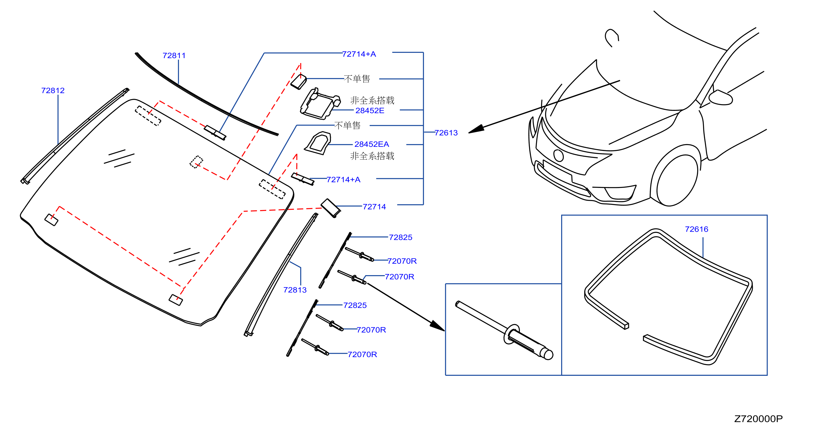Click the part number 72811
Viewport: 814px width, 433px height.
coord(174,56)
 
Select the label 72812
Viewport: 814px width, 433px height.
coord(53,91)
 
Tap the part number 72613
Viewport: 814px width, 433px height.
coord(446,133)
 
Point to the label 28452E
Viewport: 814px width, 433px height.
coord(370,111)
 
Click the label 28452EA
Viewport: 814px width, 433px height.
coord(372,144)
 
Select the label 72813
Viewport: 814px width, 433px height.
coord(295,290)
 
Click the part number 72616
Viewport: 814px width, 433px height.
coord(696,229)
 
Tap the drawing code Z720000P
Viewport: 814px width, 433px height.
coord(759,419)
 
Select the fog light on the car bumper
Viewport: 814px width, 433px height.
coord(620,193)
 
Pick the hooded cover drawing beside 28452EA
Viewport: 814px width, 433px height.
coord(318,143)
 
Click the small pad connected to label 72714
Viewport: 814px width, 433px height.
coord(331,208)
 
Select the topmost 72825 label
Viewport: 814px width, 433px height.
coord(400,238)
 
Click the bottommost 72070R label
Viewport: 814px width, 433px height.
coord(362,355)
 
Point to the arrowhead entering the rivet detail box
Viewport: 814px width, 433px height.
coord(437,326)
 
